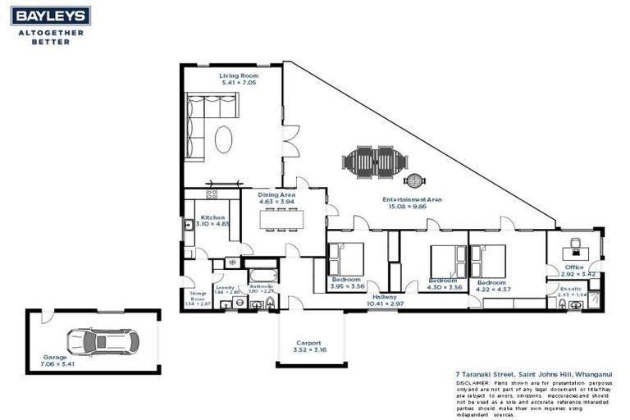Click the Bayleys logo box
tap(51, 16)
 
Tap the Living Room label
tap(232, 75)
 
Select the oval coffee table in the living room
tap(224, 139)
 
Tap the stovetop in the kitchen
tap(211, 195)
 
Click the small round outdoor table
tap(415, 180)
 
